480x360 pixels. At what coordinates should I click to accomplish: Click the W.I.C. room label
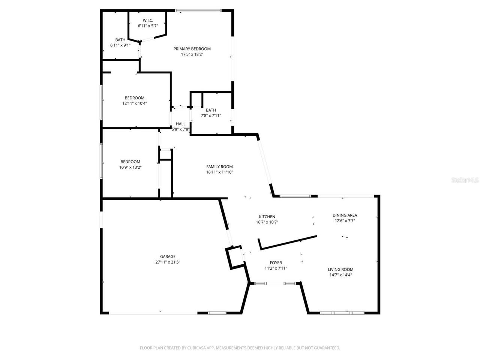click(x=148, y=20)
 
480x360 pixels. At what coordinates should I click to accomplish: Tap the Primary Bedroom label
click(x=192, y=49)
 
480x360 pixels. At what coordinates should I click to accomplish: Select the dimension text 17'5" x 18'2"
click(x=192, y=54)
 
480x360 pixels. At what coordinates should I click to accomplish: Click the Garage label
click(x=168, y=256)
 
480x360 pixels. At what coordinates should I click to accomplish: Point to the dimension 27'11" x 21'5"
click(x=168, y=262)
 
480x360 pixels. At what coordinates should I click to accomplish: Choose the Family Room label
click(x=219, y=166)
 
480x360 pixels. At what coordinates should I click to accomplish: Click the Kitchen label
click(x=267, y=216)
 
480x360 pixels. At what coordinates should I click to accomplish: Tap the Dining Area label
click(x=345, y=215)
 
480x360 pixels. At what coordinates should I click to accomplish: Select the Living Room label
click(x=340, y=269)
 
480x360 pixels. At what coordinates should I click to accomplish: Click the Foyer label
click(x=276, y=262)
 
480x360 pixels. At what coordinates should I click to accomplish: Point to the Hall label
click(x=181, y=124)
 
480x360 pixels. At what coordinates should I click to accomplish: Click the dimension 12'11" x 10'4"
click(x=134, y=103)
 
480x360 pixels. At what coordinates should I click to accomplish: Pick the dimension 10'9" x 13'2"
click(x=130, y=168)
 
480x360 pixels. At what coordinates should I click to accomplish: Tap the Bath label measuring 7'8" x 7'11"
click(x=211, y=110)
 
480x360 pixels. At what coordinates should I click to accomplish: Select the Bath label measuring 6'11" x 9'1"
click(x=120, y=40)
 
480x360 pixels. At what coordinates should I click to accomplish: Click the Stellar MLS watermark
click(x=465, y=180)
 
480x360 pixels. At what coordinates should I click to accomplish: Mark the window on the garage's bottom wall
click(x=217, y=313)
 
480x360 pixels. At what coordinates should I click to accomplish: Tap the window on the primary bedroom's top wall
click(x=198, y=10)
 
